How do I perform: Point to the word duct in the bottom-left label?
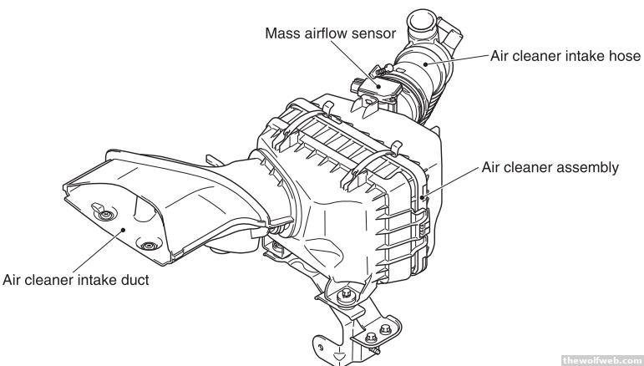coord(134,280)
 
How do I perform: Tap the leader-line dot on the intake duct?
coord(122,226)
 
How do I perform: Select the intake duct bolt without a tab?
coord(149,247)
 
